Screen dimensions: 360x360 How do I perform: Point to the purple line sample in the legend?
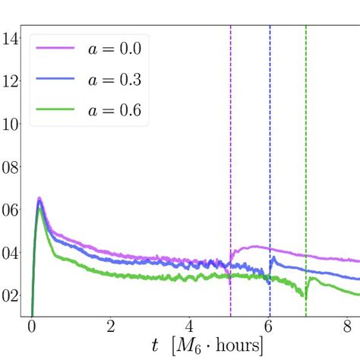pyautogui.click(x=54, y=49)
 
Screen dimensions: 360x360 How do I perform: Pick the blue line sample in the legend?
pyautogui.click(x=54, y=80)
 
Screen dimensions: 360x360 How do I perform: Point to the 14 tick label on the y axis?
pyautogui.click(x=10, y=38)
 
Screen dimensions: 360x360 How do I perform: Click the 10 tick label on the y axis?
pyautogui.click(x=10, y=124)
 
